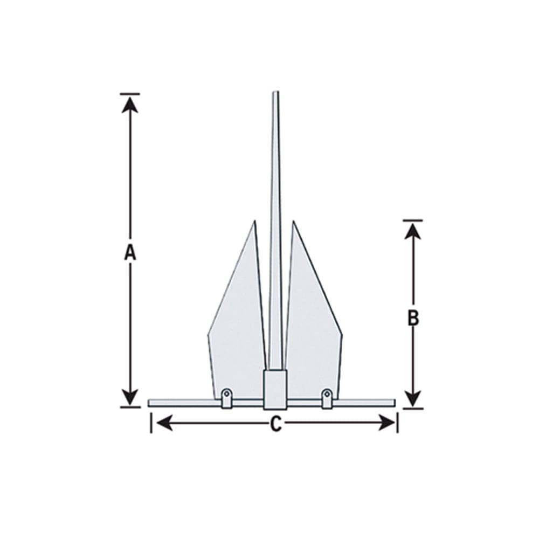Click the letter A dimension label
[x=129, y=252]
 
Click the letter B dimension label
[x=413, y=318]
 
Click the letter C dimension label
[x=275, y=425]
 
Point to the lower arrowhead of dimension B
[x=413, y=399]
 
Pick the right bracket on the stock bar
[x=327, y=398]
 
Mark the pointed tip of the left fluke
[x=254, y=221]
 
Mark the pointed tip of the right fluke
[x=293, y=221]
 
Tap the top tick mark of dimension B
[x=413, y=220]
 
